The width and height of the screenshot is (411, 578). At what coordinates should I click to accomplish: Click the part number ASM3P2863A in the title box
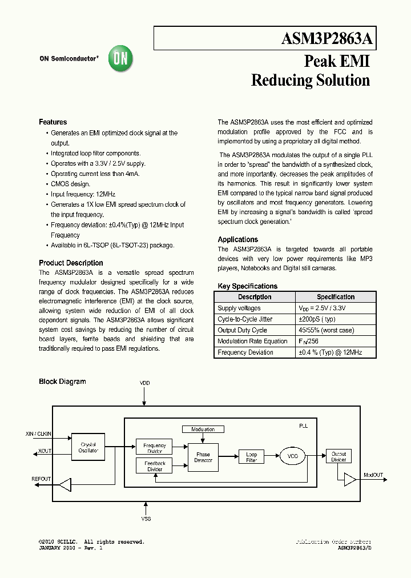coord(327,39)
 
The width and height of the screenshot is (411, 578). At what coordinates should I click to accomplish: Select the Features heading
coord(53,122)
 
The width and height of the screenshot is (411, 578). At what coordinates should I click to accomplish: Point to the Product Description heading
coord(71,263)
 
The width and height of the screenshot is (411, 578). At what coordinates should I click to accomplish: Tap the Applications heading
coord(237,240)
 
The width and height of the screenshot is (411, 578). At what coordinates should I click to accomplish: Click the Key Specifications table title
coord(247,286)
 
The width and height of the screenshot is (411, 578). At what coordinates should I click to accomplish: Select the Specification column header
coord(336,297)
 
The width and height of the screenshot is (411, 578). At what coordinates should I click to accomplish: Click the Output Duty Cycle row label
coord(242,330)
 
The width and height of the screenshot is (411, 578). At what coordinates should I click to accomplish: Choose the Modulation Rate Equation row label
coord(252,342)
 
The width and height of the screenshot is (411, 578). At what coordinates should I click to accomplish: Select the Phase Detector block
coord(203,457)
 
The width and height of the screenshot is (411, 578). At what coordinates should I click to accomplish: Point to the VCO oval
coord(293,456)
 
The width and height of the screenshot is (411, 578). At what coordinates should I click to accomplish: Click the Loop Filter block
coord(251,457)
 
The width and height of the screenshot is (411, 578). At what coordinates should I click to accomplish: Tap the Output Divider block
coord(339,457)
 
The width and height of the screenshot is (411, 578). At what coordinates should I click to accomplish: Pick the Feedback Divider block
coord(154,466)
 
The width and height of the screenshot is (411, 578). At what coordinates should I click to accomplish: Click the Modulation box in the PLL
coord(203,430)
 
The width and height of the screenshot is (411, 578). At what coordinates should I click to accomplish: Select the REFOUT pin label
coord(41,479)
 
